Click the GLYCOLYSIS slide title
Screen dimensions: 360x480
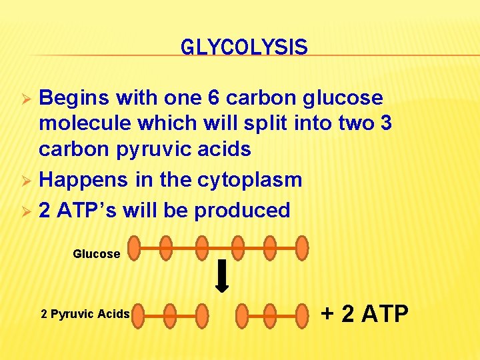tap(244, 47)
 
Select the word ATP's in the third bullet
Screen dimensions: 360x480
tap(87, 210)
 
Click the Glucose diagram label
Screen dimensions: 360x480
tap(97, 253)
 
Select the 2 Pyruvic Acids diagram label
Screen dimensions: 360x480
tap(85, 313)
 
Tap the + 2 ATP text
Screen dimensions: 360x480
tap(365, 313)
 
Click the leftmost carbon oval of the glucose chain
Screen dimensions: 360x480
tap(134, 247)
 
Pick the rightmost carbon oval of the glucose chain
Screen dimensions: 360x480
tap(302, 247)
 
